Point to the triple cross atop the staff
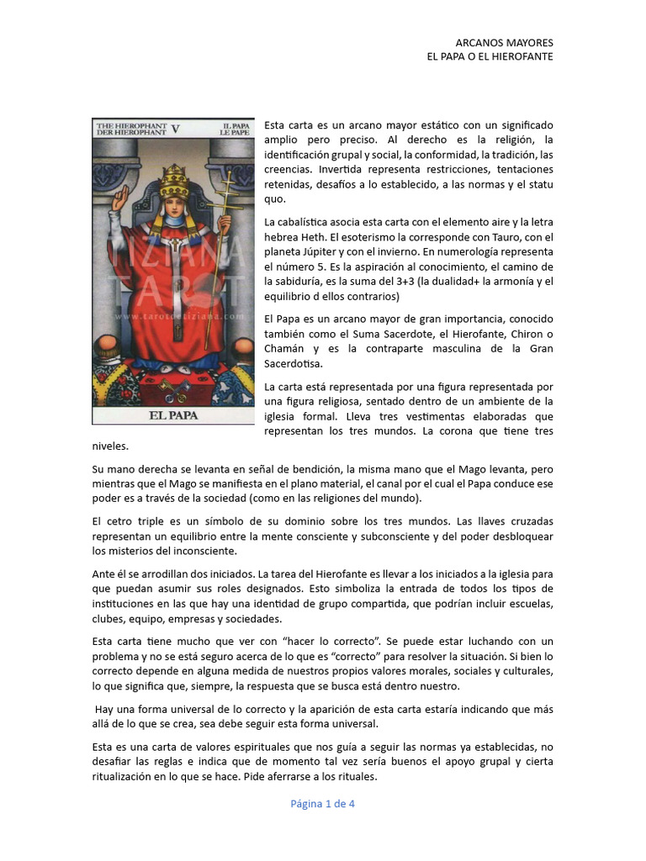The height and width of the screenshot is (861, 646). [x=225, y=179]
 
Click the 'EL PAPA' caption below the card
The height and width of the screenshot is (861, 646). [x=172, y=415]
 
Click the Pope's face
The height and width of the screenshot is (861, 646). [x=173, y=206]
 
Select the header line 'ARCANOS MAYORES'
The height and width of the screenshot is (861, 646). [x=505, y=42]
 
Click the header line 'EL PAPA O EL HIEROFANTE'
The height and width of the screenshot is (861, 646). [x=490, y=56]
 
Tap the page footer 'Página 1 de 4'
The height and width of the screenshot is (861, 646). [x=323, y=803]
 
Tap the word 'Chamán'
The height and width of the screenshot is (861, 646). [x=284, y=349]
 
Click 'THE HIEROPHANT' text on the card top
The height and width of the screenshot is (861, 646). [x=130, y=124]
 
